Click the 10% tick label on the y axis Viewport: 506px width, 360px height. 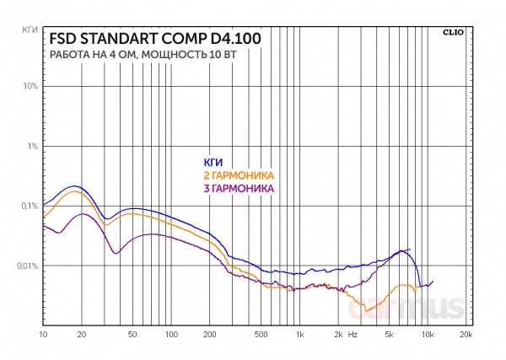pos(31,87)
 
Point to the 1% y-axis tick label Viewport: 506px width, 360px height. pos(33,147)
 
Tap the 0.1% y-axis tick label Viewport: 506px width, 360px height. pos(30,207)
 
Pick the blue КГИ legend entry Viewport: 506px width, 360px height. pos(213,163)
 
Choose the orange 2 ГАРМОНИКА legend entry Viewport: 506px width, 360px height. pos(239,175)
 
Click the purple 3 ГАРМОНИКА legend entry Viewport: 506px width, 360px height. pos(240,189)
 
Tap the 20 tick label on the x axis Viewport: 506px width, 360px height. pos(81,336)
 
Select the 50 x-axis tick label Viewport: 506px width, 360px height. pos(132,336)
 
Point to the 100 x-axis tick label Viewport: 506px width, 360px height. pos(171,336)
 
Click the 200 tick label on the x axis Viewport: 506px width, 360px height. pos(210,336)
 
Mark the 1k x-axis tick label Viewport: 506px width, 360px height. pos(299,336)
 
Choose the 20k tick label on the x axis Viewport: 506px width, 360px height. pos(465,336)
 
